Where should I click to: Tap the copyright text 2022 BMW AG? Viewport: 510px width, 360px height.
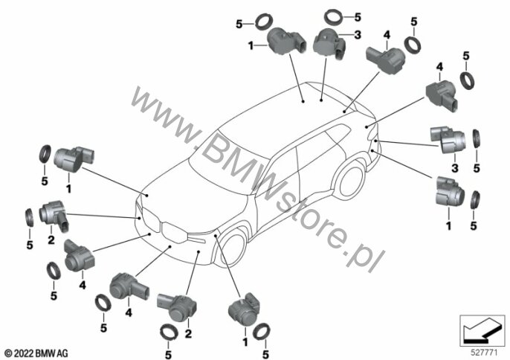[x=36, y=350]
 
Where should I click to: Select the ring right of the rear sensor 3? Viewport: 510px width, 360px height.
[x=477, y=137]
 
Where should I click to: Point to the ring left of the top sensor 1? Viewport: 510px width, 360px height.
[x=264, y=19]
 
